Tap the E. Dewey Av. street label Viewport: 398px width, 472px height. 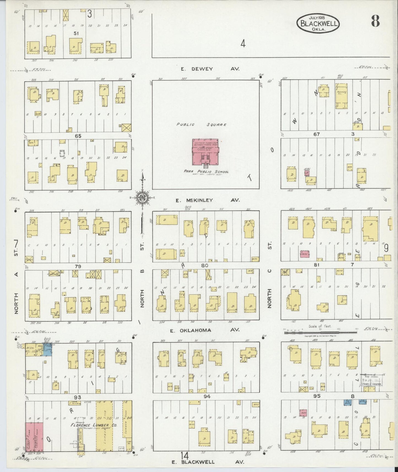coord(210,69)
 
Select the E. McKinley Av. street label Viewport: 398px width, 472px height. coord(208,200)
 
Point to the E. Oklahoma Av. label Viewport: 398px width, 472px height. coord(204,330)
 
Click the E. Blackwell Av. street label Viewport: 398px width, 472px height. coord(208,462)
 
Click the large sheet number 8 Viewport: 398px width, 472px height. coord(375,21)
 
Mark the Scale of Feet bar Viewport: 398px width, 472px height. coord(320,332)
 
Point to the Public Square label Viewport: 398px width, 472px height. coord(202,124)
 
